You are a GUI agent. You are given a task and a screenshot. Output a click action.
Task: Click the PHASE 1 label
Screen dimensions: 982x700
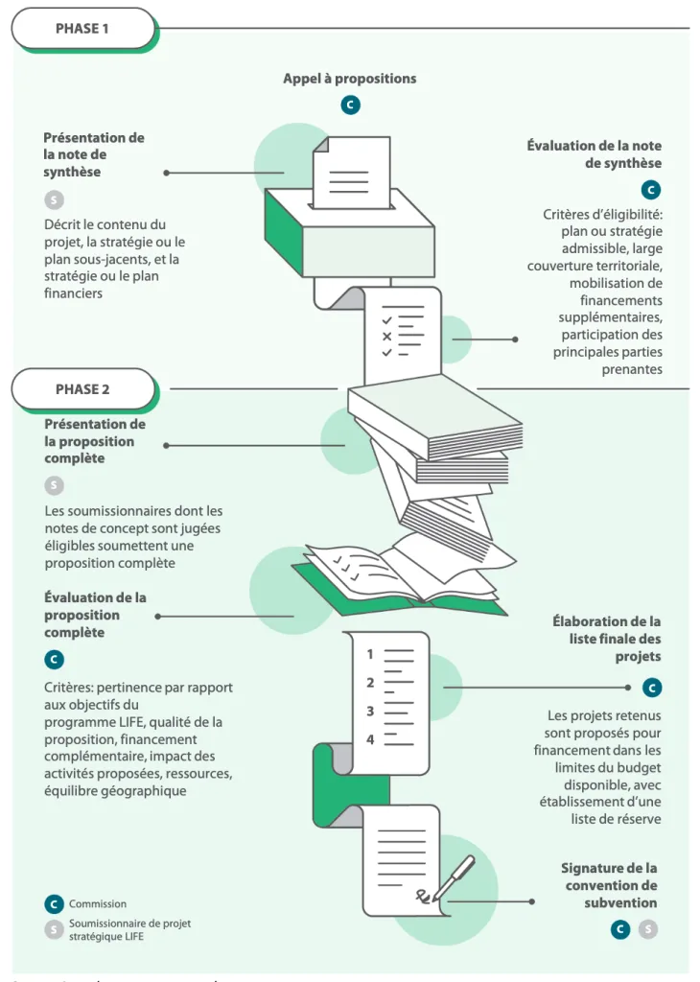[82, 28]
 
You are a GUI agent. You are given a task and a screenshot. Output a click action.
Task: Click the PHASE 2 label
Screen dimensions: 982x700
[82, 388]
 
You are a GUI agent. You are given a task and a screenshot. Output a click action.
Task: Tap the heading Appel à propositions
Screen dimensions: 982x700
[349, 79]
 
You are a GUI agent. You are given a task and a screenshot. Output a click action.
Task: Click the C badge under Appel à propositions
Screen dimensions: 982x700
[351, 105]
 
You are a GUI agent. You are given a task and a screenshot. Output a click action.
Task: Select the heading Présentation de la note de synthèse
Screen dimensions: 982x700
[94, 154]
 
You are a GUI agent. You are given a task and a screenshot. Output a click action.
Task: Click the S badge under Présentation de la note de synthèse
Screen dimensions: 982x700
[54, 200]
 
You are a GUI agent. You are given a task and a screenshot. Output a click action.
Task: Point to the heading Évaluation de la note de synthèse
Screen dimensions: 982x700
[595, 154]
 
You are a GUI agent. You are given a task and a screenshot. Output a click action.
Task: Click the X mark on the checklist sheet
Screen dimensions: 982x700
[386, 337]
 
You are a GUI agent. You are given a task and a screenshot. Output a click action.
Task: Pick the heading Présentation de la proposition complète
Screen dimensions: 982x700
[94, 441]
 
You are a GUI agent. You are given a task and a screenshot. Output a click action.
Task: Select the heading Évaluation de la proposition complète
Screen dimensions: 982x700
[94, 615]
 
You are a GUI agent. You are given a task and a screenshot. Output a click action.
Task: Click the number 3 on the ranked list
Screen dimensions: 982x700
[370, 712]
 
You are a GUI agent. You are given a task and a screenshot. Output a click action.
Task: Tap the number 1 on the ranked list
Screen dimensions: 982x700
[370, 654]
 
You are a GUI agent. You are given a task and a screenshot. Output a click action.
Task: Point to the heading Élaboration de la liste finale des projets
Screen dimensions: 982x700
[606, 639]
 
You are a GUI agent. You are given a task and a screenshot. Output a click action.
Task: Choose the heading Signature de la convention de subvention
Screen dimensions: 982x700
[610, 885]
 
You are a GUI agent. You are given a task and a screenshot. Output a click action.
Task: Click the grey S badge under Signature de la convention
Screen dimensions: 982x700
[648, 929]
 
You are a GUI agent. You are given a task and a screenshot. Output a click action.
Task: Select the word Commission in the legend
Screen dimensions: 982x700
[98, 903]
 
